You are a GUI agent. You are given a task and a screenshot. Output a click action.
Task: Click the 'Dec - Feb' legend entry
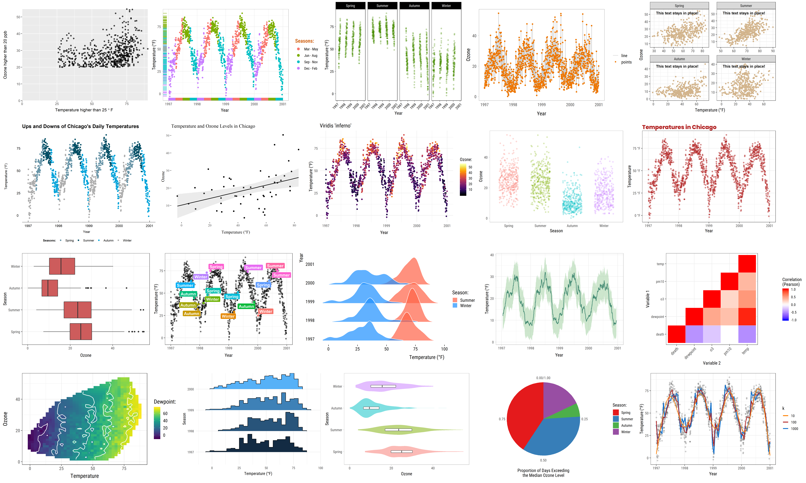pos(310,68)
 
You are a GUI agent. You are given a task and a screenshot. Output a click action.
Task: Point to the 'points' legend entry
pos(626,62)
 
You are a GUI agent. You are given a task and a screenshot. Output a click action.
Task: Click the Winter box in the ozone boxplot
pos(62,266)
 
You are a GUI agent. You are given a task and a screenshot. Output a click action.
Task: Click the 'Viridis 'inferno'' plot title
pos(335,126)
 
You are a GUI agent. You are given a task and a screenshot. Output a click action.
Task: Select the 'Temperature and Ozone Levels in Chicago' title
pos(213,126)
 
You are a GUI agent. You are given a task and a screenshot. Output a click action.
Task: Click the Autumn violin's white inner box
pos(371,408)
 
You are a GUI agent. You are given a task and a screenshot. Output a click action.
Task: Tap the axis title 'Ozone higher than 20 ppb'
pos(5,55)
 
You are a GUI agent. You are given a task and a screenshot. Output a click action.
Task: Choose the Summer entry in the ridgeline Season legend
pos(467,300)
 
